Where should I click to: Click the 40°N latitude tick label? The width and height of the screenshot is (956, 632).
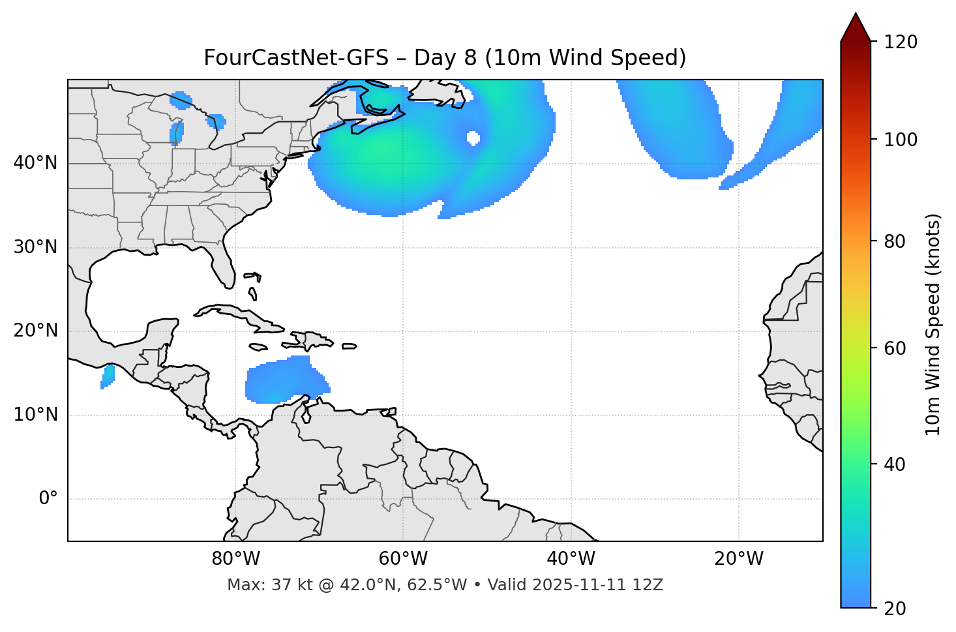(35, 163)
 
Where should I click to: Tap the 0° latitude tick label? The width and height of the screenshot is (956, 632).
(48, 499)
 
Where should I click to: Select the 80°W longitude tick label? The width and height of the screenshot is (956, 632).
(235, 559)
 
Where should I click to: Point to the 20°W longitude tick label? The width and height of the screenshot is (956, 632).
(739, 559)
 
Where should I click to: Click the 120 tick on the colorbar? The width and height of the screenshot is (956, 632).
(901, 42)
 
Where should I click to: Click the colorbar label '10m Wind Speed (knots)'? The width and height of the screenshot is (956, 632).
(933, 324)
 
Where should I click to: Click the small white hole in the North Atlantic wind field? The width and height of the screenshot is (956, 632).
(473, 138)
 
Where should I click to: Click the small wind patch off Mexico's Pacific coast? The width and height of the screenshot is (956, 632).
(108, 376)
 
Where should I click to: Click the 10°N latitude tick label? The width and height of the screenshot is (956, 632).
(35, 415)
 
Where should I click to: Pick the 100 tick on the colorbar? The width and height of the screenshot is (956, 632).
(901, 140)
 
